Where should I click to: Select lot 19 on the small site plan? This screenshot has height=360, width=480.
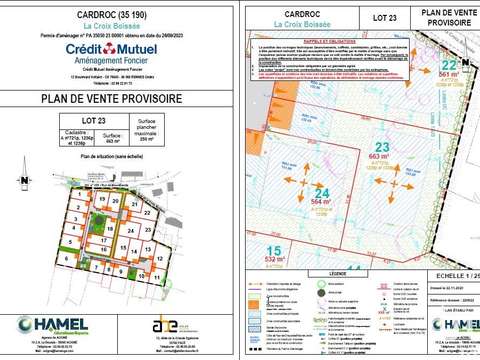point(100,199)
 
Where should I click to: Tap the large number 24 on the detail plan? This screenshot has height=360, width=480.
point(323,192)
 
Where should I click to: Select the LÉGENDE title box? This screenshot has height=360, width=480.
point(330,271)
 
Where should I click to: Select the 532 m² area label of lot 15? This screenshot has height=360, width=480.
point(271,260)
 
